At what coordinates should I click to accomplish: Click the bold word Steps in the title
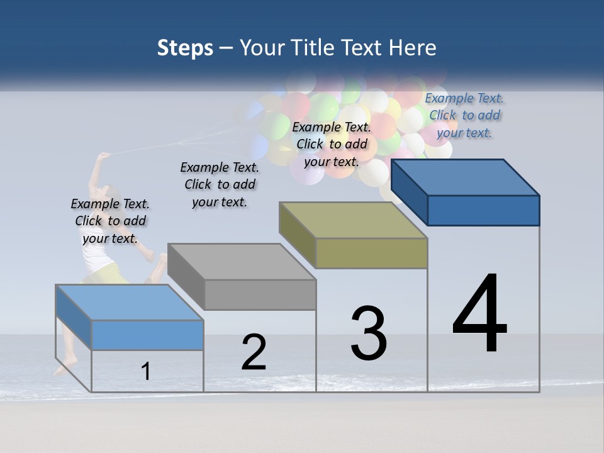pyautogui.click(x=185, y=48)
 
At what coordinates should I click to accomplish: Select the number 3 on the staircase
pyautogui.click(x=369, y=333)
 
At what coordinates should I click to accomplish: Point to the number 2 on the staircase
pyautogui.click(x=254, y=352)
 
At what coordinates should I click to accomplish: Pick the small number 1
pyautogui.click(x=145, y=371)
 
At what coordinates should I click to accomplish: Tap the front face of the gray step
pyautogui.click(x=260, y=294)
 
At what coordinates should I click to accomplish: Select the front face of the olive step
pyautogui.click(x=371, y=253)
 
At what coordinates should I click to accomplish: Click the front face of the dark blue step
pyautogui.click(x=483, y=210)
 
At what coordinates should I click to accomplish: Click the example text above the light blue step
pyautogui.click(x=110, y=221)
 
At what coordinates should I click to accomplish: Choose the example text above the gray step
pyautogui.click(x=220, y=184)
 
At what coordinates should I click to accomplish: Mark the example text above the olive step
pyautogui.click(x=332, y=144)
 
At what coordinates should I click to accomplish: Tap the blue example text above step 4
pyautogui.click(x=464, y=115)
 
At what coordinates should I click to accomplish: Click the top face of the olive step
pyautogui.click(x=352, y=220)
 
